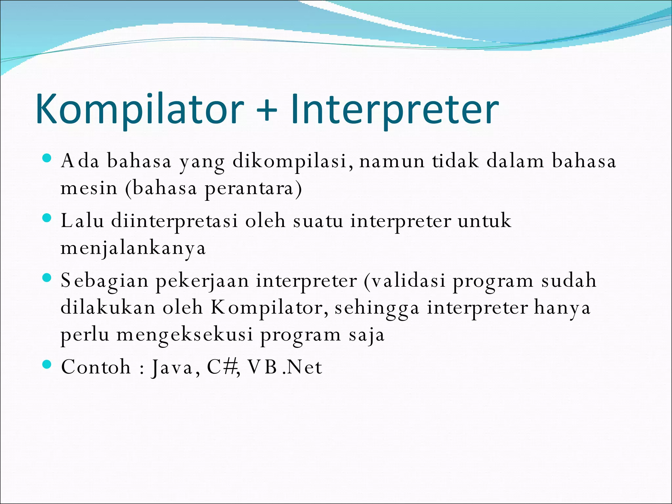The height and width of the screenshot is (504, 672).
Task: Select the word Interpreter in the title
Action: (x=394, y=109)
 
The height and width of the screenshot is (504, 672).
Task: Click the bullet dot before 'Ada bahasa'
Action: (x=47, y=158)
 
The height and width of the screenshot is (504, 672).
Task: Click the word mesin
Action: (x=89, y=188)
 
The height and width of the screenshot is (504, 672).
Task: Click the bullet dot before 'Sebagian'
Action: (x=47, y=278)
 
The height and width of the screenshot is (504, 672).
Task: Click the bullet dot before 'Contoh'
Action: (x=47, y=364)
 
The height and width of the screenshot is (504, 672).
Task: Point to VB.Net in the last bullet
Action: (x=284, y=367)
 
